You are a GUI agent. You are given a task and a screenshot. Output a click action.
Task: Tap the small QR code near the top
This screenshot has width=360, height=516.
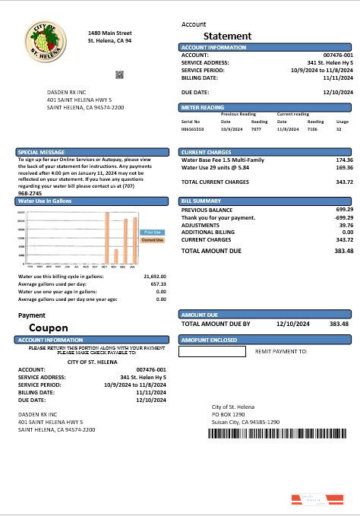coord(119,74)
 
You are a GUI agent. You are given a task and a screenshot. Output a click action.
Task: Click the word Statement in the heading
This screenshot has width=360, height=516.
coord(227,36)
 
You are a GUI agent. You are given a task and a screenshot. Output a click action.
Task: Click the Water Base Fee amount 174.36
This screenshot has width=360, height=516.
coord(343,160)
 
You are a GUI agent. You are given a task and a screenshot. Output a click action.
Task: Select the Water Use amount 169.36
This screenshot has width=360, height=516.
coord(343,168)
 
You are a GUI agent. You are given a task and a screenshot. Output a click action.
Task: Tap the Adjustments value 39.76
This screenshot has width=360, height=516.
coord(346,225)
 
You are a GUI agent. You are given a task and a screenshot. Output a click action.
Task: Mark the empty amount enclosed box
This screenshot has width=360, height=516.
coord(212,352)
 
